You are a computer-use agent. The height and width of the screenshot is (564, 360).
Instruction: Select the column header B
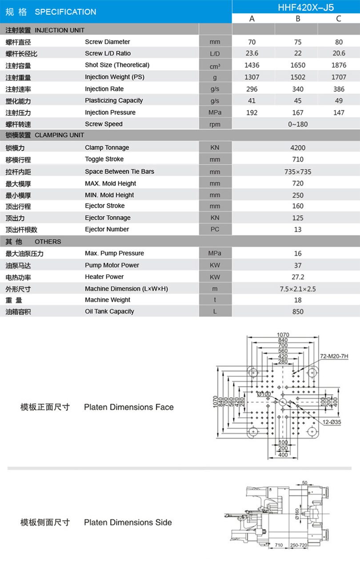coord(298,18)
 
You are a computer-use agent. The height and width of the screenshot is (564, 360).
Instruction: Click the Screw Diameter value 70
coord(252,42)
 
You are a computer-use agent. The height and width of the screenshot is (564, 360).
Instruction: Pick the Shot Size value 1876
coord(339,65)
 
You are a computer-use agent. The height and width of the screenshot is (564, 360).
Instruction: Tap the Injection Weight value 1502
coord(298,77)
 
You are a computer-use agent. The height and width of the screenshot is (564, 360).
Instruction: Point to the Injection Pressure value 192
coord(252,112)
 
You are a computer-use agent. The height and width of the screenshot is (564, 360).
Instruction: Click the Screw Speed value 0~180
coord(298,124)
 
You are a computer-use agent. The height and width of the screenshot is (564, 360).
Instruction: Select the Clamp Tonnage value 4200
coord(298,147)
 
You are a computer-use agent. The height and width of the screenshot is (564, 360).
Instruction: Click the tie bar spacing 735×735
coord(298,171)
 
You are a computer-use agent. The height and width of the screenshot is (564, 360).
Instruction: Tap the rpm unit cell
coord(215,124)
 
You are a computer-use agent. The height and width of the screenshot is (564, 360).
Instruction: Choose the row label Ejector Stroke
coord(105,206)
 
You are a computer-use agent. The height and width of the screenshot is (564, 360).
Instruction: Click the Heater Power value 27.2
coord(298,277)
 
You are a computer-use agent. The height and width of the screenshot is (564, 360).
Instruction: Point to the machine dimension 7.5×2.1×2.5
coord(298,289)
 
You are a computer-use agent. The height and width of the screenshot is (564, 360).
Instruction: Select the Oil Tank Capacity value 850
coord(298,311)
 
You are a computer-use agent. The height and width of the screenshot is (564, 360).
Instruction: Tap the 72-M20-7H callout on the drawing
coord(334,356)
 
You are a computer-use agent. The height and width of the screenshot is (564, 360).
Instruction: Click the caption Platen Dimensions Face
coord(129,407)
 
